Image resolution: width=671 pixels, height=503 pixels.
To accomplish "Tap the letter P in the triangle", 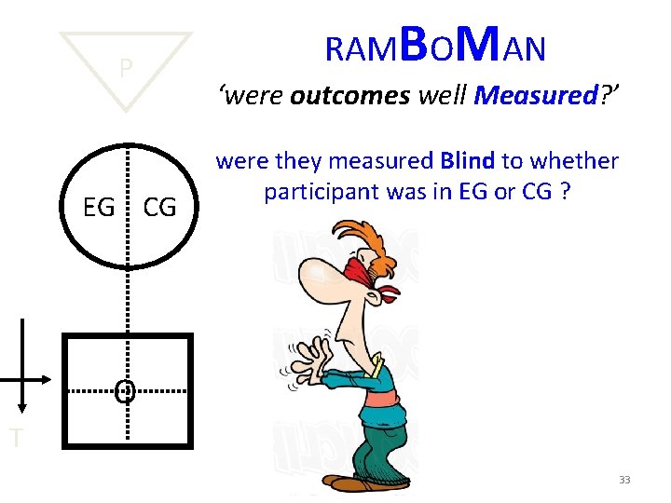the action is [x=126, y=68].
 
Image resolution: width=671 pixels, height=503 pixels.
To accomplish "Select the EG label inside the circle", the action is [x=99, y=208].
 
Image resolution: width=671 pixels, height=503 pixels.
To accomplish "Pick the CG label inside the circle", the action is [x=159, y=208].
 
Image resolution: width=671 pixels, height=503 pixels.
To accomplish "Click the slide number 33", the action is [x=624, y=480].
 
